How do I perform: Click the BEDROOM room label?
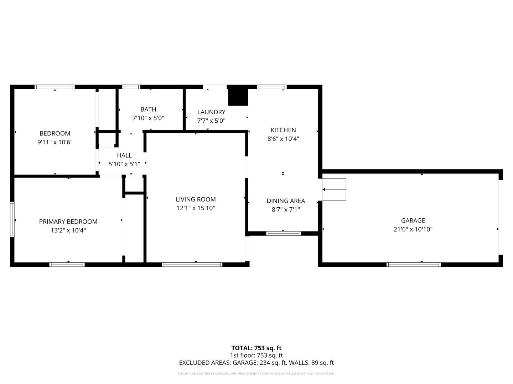(55, 133)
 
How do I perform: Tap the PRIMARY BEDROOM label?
(68, 222)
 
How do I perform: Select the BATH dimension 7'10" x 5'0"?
(148, 118)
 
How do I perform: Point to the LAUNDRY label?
(211, 112)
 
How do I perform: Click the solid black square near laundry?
(238, 96)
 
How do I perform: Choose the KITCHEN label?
(283, 130)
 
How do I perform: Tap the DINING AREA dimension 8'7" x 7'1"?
(286, 209)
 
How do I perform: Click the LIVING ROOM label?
(196, 199)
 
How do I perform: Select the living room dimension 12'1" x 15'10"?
(196, 208)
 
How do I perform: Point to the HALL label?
(124, 155)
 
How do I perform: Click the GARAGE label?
(413, 220)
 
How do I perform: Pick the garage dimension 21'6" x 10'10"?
(413, 229)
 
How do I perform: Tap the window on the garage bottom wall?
(414, 265)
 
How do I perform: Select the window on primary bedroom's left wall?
(12, 219)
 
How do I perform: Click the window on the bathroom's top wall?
(131, 87)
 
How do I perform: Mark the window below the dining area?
(284, 234)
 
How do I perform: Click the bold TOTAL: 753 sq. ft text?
(256, 348)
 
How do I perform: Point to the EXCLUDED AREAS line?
(256, 363)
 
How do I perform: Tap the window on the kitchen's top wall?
(272, 87)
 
